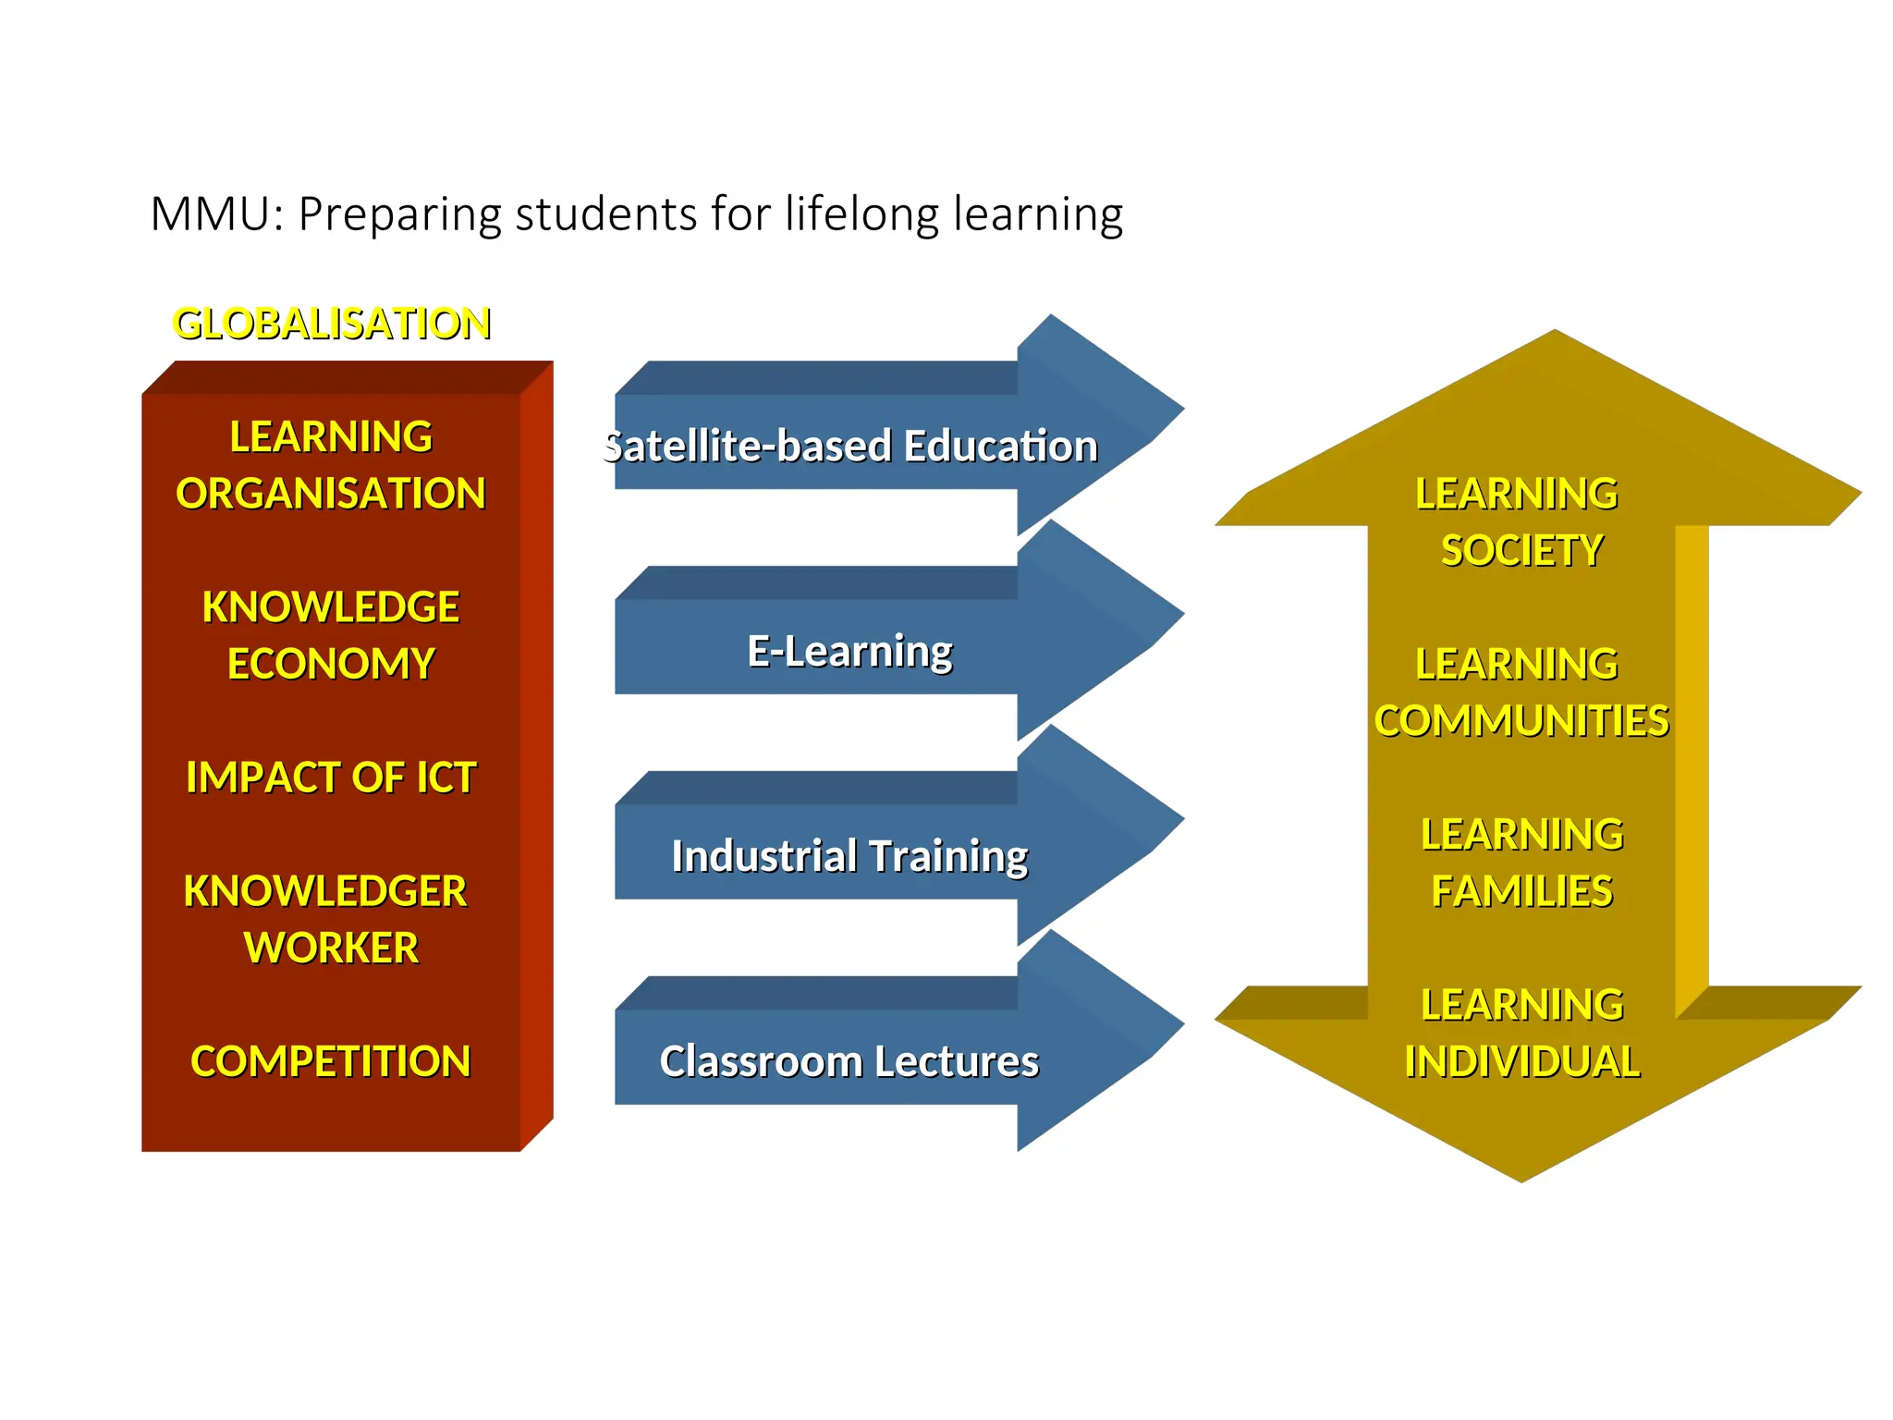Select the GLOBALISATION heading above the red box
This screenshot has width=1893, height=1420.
332,324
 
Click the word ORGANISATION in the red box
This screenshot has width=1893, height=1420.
331,494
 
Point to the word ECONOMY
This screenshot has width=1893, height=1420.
331,664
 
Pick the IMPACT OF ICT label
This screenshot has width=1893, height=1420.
331,777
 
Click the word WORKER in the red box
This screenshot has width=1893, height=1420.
331,949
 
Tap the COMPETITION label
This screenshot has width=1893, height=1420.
331,1061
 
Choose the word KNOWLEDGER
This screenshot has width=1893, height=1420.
325,891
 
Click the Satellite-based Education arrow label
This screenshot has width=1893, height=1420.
850,446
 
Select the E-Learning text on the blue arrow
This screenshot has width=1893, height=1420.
849,651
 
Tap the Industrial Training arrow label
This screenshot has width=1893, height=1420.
849,856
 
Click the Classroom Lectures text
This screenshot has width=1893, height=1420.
849,1061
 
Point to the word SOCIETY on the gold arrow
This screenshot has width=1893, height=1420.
1521,551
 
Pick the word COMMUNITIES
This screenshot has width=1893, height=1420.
1521,721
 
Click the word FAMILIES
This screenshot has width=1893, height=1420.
1521,892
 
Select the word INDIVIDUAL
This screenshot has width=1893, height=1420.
1521,1062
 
